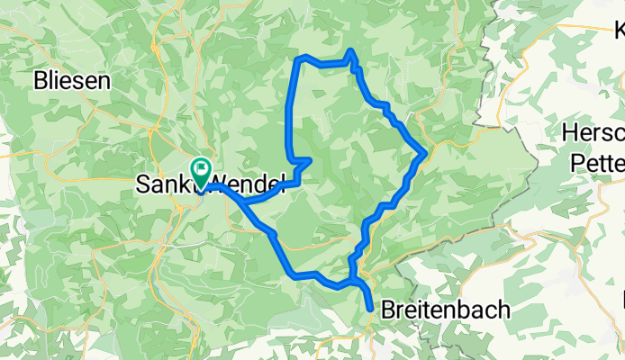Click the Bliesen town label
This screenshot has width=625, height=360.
point(71,80)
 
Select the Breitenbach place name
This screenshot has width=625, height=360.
point(446,310)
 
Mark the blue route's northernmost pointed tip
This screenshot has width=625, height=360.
point(350,50)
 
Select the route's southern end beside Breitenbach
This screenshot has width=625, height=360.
point(370,310)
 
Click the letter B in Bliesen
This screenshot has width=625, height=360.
point(40,80)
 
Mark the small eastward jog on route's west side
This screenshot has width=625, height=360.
point(308,161)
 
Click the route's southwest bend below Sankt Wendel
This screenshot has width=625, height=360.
point(288,269)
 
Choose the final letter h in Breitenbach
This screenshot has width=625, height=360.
point(503,310)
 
